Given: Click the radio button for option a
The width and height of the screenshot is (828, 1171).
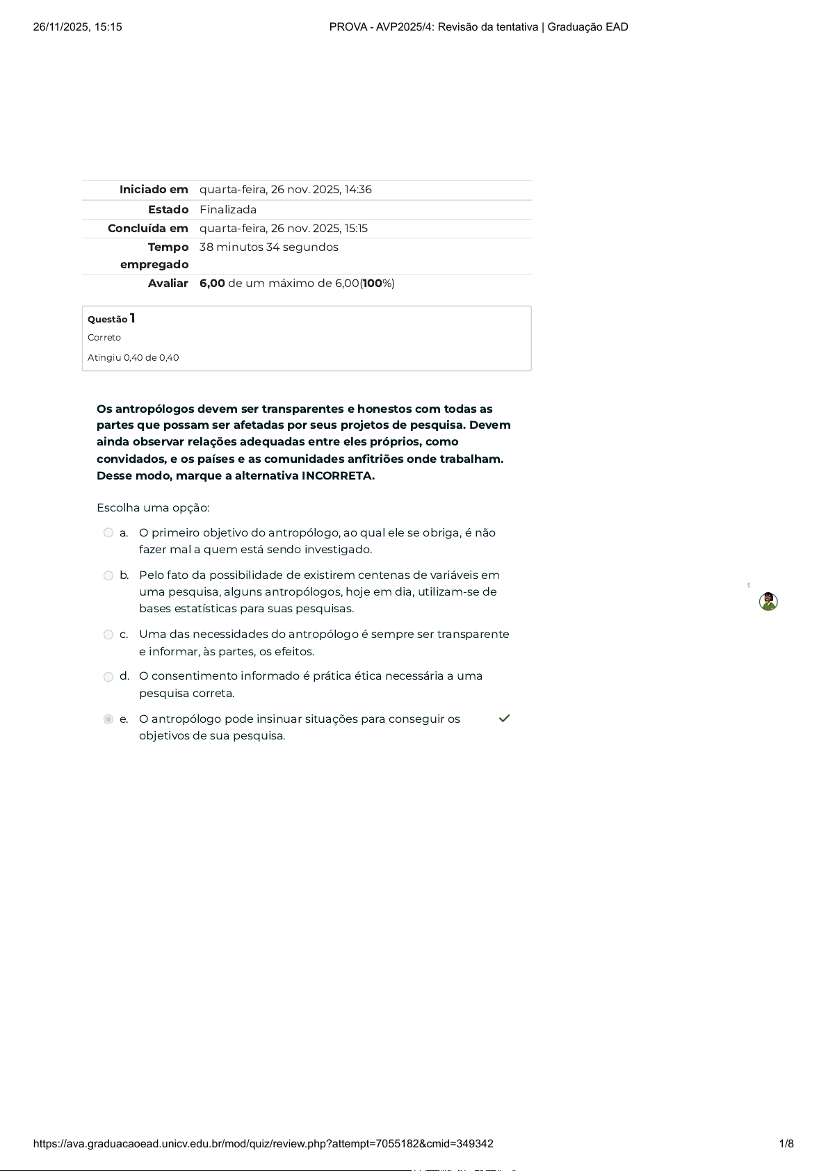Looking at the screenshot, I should click(x=108, y=533).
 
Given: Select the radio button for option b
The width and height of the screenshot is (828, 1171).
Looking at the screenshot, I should click(x=108, y=575).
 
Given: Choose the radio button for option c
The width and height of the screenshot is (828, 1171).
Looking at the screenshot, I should click(x=108, y=634).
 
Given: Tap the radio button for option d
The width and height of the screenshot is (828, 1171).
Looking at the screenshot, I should click(x=108, y=677).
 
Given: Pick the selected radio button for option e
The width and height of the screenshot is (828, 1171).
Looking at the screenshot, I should click(x=108, y=719).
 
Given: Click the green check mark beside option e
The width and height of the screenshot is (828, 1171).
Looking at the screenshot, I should click(x=504, y=719).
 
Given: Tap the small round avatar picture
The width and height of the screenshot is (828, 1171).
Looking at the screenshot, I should click(x=768, y=602).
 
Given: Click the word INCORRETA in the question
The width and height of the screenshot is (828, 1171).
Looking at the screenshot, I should click(x=338, y=476).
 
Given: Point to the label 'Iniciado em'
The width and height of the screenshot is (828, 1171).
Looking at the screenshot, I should click(x=154, y=190).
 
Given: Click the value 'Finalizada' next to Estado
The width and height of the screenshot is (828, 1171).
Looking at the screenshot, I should click(x=228, y=210).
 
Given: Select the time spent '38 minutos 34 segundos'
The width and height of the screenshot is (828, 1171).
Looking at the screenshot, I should click(x=269, y=247).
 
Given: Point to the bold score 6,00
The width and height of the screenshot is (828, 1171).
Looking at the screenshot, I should click(x=212, y=284).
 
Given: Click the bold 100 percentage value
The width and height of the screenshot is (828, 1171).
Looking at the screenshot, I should click(x=373, y=284).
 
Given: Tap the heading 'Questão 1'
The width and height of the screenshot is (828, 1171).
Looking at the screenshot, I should click(x=111, y=319).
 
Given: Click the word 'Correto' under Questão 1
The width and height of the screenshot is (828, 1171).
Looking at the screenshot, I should click(x=104, y=338).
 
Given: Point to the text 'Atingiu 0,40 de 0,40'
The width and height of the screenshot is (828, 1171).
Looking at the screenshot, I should click(x=133, y=358).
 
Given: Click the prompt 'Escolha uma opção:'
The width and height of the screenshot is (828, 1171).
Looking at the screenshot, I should click(x=153, y=508).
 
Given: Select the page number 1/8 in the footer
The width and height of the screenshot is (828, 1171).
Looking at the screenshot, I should click(x=786, y=1144).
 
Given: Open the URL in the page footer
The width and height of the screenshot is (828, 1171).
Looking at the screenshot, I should click(x=263, y=1144).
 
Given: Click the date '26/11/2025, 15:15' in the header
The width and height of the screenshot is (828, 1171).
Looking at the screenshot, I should click(x=78, y=27).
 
